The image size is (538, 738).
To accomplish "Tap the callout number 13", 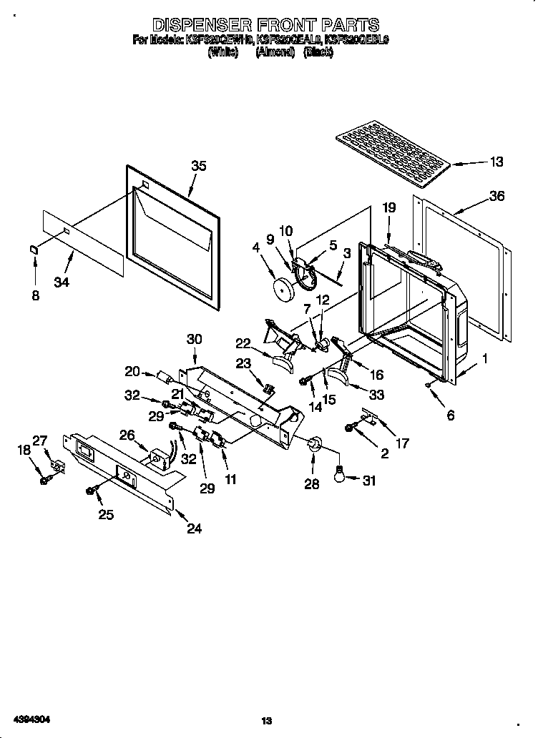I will coord(496,162).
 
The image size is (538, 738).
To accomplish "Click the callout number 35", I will coord(198,167).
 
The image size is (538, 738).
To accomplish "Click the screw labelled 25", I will coord(92,491).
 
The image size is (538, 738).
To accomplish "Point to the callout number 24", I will coord(194,528).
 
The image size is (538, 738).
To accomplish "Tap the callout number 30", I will coord(195,339).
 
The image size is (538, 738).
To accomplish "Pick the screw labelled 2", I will coord(351,428).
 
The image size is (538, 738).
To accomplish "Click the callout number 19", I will coord(388,209).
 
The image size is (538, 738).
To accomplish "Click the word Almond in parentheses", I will coord(275,52).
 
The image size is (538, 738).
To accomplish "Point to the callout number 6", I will coord(451,415).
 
